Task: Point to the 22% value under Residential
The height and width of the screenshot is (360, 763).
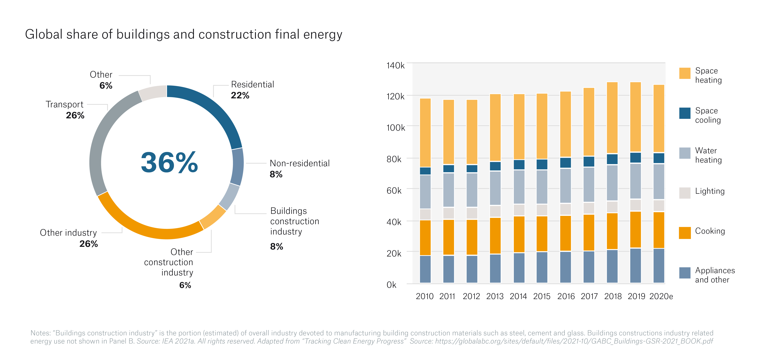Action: coord(240,96)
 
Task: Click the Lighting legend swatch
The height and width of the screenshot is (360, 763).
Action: coord(684,193)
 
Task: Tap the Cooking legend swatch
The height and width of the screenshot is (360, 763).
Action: coord(684,233)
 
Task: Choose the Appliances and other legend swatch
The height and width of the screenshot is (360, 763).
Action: coord(684,273)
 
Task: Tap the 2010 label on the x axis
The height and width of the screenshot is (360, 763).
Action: coord(424,296)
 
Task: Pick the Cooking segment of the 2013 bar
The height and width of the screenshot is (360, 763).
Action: coord(495,236)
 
